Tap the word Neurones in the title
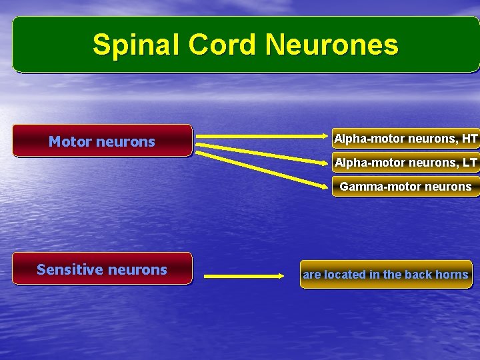pos(331,45)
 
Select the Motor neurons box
pos(102,141)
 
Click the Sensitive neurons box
pos(102,269)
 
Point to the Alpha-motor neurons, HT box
pos(405,139)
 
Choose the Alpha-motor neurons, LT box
pos(405,162)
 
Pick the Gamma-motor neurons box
pos(405,187)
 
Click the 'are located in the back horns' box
pos(386,274)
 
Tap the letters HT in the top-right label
pos(469,139)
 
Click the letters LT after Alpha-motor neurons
pos(469,162)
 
